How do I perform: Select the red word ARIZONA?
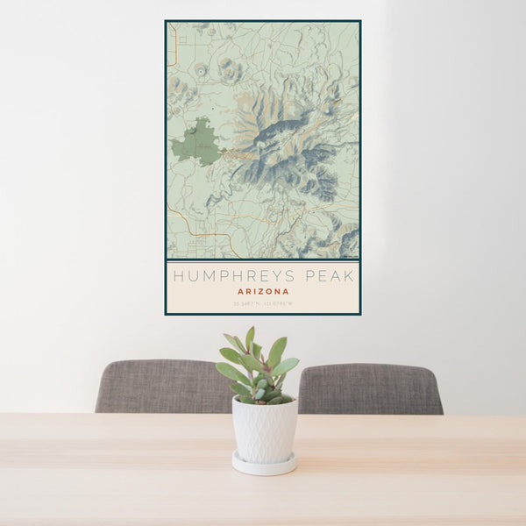click(x=263, y=292)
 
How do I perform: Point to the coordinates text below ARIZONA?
click(x=263, y=304)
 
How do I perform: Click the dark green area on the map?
click(x=198, y=143)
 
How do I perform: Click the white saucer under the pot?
click(x=264, y=464)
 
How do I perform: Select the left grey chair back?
click(x=162, y=386)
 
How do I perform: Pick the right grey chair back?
click(x=373, y=388)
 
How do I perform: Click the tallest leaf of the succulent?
click(x=250, y=338)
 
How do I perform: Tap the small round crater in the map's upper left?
click(x=202, y=69)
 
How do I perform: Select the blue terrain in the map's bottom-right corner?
click(x=348, y=240)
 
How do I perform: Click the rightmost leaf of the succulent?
click(x=287, y=366)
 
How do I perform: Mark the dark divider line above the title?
click(x=263, y=260)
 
